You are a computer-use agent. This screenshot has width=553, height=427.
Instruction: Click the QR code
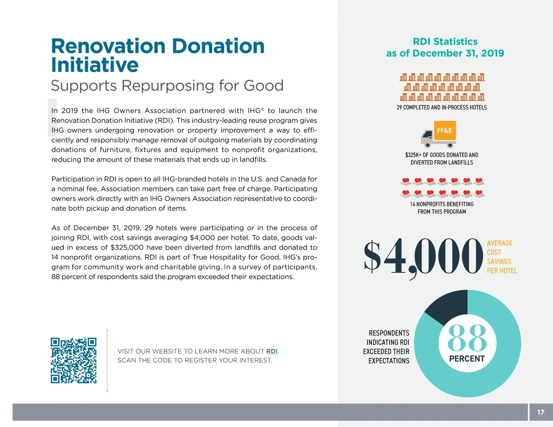click(73, 360)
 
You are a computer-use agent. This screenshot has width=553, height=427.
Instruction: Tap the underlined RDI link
click(272, 351)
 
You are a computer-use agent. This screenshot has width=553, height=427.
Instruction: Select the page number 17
click(541, 412)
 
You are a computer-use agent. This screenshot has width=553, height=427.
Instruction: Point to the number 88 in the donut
click(467, 338)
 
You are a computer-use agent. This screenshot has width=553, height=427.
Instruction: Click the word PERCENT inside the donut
click(467, 359)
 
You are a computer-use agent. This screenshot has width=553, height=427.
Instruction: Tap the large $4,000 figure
click(423, 257)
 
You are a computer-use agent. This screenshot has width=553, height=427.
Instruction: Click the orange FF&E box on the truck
click(445, 131)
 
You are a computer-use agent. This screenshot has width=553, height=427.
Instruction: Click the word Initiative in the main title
click(95, 65)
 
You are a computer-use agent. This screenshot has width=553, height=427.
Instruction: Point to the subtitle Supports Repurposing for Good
click(167, 85)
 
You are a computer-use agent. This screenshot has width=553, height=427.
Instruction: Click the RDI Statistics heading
click(445, 42)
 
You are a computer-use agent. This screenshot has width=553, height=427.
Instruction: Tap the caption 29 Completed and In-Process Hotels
click(442, 107)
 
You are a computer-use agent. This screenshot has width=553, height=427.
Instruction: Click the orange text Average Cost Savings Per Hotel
click(501, 257)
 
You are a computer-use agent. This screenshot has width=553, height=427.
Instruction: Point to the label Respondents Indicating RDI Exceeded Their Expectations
click(387, 347)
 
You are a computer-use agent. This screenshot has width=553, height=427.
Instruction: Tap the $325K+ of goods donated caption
click(442, 159)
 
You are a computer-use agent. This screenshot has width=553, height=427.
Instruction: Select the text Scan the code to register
click(194, 360)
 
